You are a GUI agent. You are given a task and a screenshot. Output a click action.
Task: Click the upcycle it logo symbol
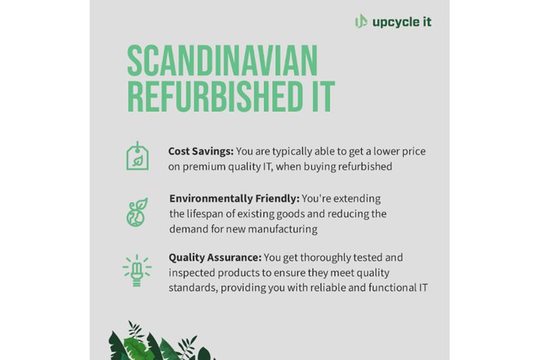pos(361,22)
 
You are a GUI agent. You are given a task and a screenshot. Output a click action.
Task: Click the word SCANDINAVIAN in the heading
pos(222,61)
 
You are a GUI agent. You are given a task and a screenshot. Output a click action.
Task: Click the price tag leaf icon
pos(137,156)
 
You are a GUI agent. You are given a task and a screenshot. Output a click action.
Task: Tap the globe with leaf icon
pos(137,212)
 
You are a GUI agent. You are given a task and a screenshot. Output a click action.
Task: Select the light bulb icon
pos(137,271)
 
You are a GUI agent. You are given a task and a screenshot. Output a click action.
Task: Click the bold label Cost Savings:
pos(201,151)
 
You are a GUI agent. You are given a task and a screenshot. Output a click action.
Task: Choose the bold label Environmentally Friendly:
pos(234,199)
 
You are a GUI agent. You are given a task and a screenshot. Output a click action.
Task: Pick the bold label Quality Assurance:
pos(215,258)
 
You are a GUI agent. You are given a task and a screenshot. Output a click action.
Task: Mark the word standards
pos(193,287)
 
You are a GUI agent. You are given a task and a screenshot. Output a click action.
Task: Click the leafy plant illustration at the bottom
pos(160,341)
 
